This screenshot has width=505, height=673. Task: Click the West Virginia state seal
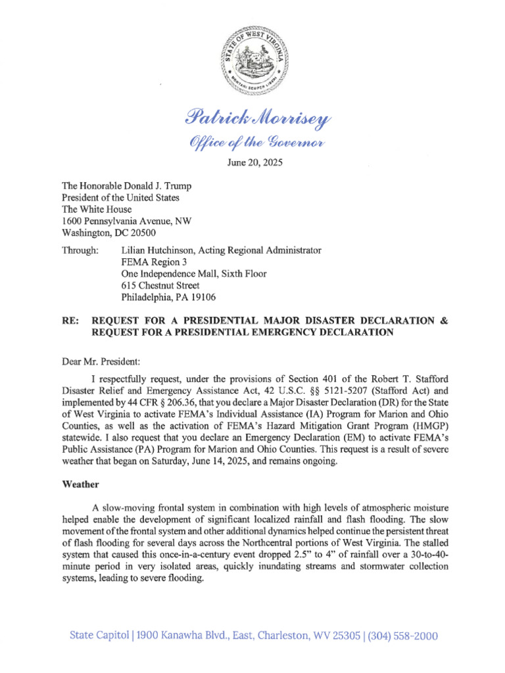[x=252, y=64]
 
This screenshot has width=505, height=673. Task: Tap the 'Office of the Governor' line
[x=252, y=142]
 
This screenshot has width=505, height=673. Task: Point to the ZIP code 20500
[x=141, y=233]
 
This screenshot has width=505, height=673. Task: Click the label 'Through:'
[x=80, y=250]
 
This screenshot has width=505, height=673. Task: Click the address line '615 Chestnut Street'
[x=160, y=286]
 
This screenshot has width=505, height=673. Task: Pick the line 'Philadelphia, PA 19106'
[x=169, y=298]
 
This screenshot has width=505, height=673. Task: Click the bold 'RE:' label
[x=70, y=321]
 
